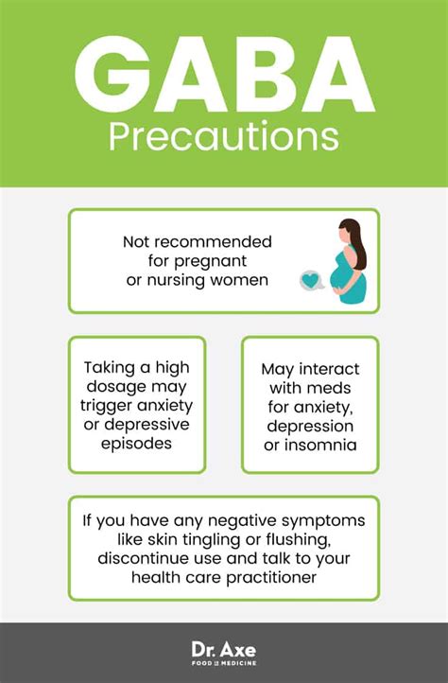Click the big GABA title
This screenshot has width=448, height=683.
tap(224, 74)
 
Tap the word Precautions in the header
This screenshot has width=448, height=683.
tap(224, 137)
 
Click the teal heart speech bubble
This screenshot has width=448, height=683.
tap(312, 281)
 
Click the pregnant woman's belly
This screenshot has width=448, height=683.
tap(338, 275)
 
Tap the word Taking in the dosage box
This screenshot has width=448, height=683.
tap(111, 368)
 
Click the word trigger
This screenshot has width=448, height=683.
tap(106, 406)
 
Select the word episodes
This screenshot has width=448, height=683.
tap(136, 444)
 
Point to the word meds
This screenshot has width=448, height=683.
tap(330, 388)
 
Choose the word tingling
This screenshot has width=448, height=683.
tap(211, 540)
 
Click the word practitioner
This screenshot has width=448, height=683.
tap(271, 578)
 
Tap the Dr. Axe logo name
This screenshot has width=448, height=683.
tap(224, 650)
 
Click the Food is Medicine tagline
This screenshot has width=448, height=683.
tap(224, 663)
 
